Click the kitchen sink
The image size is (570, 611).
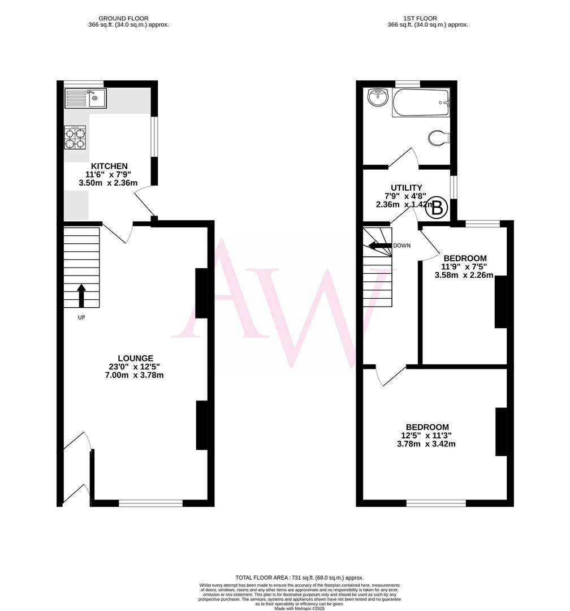[85, 98]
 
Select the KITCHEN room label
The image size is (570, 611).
[114, 166]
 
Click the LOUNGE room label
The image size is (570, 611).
[135, 358]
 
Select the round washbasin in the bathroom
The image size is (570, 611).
[377, 98]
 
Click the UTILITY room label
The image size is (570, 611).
[406, 187]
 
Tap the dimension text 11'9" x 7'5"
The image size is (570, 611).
[464, 266]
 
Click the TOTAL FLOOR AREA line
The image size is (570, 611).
[299, 577]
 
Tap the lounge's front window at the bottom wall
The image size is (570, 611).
[150, 502]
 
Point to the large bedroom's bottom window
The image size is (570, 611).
[436, 502]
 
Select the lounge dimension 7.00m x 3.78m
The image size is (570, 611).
[135, 375]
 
